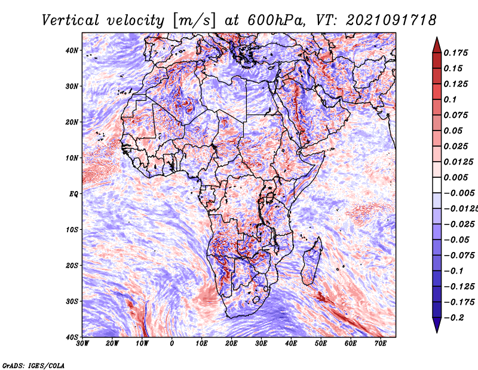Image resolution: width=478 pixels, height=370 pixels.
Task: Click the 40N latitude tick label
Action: (72, 50)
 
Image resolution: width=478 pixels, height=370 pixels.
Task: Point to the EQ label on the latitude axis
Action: (73, 194)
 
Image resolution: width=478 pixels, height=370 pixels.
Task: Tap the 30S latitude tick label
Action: (72, 302)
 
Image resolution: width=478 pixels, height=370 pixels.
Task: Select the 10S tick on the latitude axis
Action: (72, 230)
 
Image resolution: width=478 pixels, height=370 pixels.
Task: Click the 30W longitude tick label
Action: (82, 344)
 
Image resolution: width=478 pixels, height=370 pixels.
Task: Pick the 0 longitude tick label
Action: (171, 344)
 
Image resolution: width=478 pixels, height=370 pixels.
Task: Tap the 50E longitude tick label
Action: (321, 344)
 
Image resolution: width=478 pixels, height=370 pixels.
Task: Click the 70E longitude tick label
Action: (380, 344)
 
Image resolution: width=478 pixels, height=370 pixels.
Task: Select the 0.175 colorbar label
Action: (455, 53)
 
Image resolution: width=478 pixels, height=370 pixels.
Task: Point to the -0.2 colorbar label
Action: (454, 318)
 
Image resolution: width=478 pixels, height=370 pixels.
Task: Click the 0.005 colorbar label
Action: (455, 177)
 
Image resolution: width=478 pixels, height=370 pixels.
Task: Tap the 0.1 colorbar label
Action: (450, 99)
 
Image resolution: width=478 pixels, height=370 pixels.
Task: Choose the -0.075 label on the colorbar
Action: (459, 256)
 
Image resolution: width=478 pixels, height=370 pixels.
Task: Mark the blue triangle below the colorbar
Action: (437, 324)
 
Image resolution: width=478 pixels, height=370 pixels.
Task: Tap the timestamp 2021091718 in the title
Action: (391, 20)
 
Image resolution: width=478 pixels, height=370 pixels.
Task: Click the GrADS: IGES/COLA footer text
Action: (33, 366)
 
